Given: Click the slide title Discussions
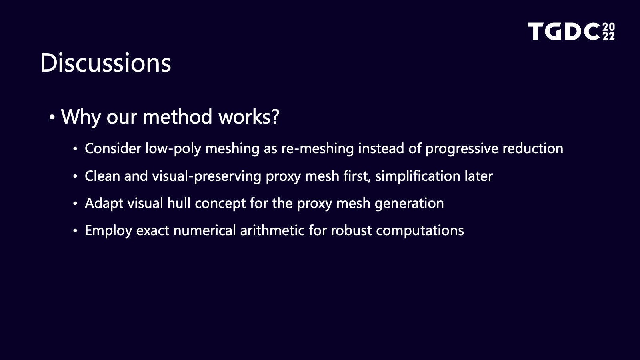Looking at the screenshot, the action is tap(106, 62).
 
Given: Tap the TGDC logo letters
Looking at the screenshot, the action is tap(564, 32).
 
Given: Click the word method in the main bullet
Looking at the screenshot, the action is tap(178, 116).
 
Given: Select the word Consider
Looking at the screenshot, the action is tap(113, 148).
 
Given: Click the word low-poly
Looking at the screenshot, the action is tap(173, 149).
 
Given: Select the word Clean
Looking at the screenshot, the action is tap(102, 176).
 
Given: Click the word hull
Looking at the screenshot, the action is tap(179, 203).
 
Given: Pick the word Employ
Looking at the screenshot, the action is tap(108, 230).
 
